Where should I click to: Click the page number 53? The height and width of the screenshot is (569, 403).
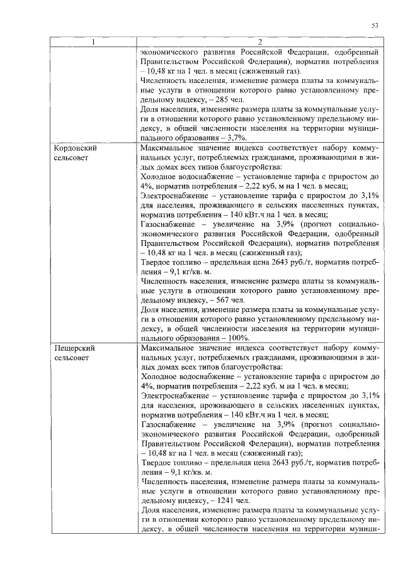coord(374,25)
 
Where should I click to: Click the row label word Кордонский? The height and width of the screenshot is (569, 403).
coord(74,148)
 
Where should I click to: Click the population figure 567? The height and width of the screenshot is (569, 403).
coord(220,300)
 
